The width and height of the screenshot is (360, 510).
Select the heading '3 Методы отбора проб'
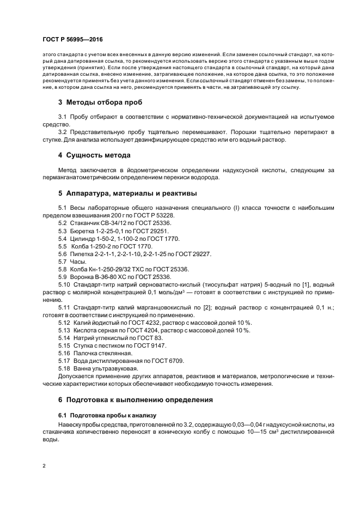(101, 102)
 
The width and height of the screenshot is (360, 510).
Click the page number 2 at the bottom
(44, 466)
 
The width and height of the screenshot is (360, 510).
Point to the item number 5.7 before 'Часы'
(63, 262)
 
